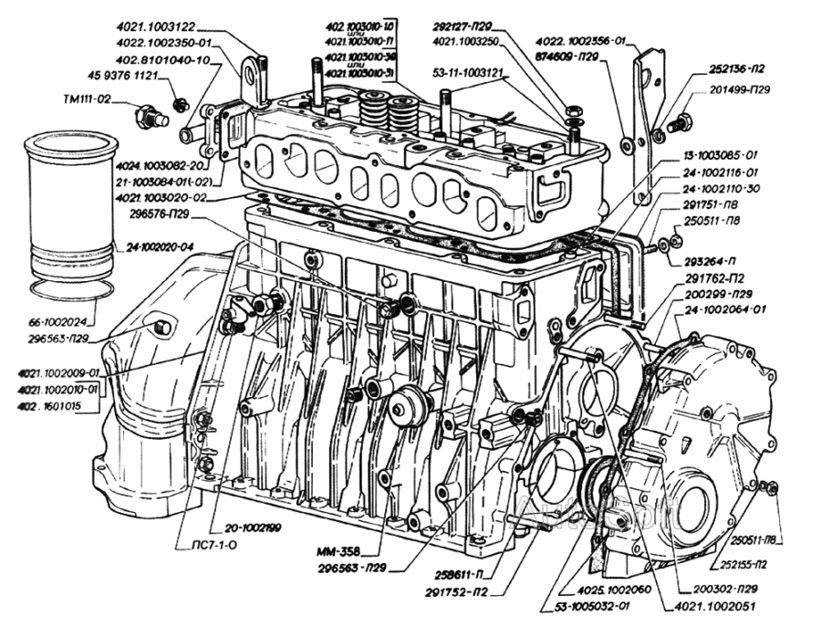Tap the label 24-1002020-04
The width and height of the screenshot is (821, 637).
click(x=161, y=246)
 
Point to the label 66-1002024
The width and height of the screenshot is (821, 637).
click(x=60, y=322)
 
